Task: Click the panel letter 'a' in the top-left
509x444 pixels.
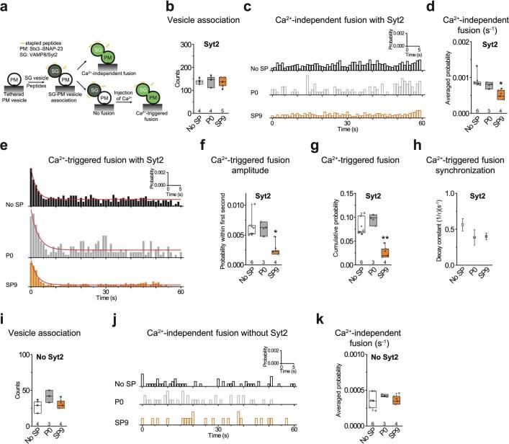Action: pyautogui.click(x=5, y=6)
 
